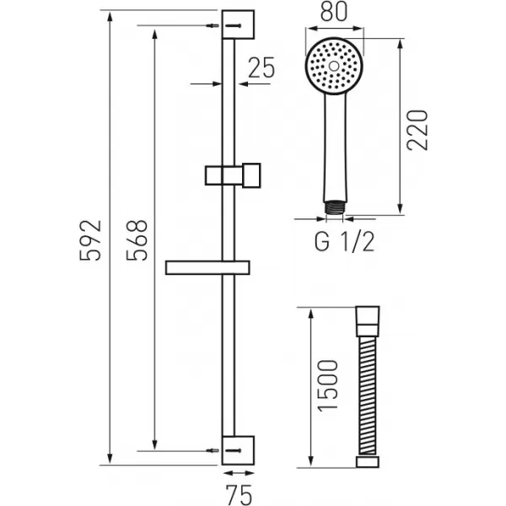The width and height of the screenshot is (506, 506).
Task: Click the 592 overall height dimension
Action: [94, 240]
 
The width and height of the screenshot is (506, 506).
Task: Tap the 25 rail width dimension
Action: [262, 67]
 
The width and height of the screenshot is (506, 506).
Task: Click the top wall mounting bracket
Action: [237, 24]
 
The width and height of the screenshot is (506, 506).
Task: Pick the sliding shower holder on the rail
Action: [234, 175]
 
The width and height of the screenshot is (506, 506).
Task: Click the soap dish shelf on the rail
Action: [207, 268]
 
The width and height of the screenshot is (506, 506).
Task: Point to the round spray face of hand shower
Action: [335, 66]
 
